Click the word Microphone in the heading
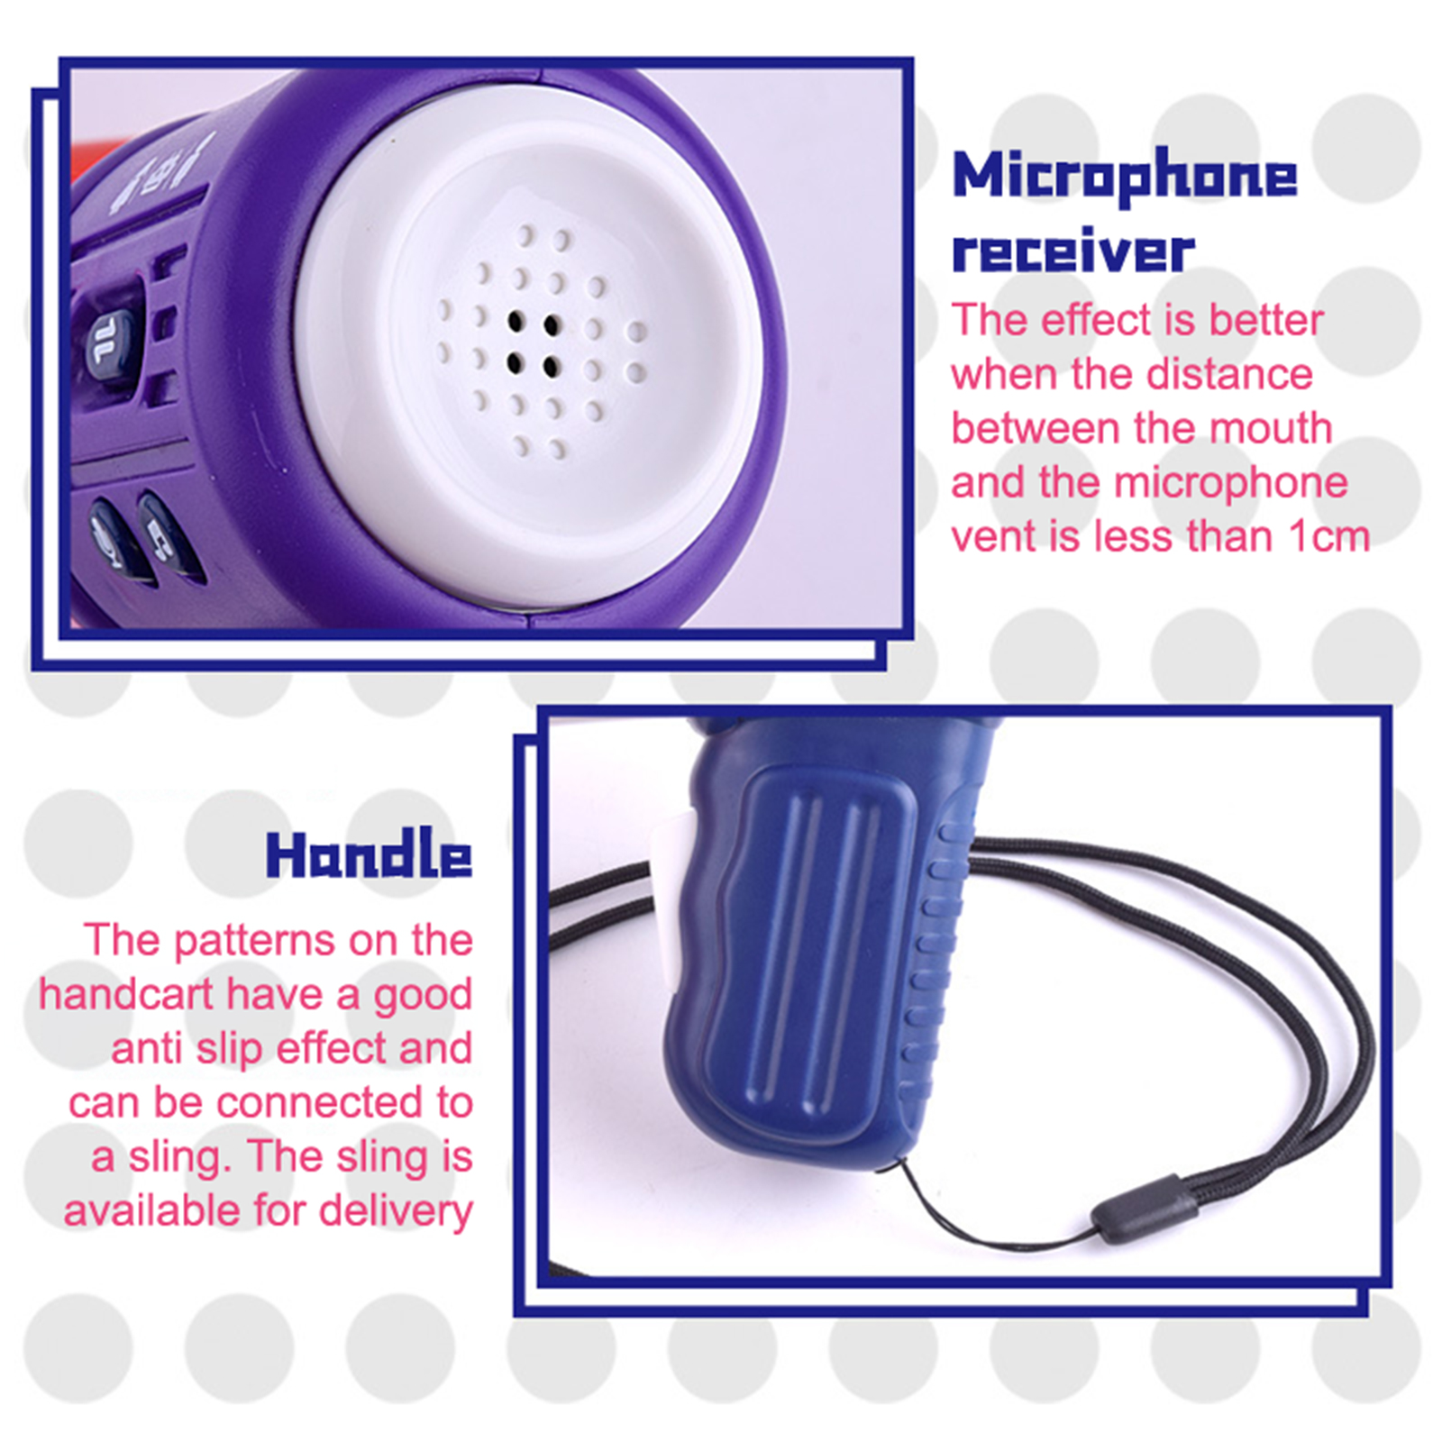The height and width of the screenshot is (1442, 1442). (x=1125, y=177)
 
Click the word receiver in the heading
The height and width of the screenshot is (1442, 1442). (x=1072, y=250)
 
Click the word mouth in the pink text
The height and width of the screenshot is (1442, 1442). (x=1271, y=428)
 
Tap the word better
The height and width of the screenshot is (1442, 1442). (x=1265, y=320)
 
